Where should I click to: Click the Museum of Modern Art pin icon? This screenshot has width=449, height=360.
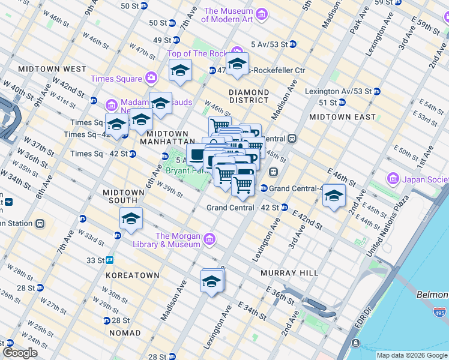click(x=261, y=14)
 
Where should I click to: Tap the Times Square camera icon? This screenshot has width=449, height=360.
click(x=151, y=78)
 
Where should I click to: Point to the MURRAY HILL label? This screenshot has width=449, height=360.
click(x=289, y=273)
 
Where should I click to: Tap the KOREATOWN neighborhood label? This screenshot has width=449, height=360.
click(x=132, y=275)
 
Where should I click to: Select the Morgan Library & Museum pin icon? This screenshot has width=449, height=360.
click(x=209, y=239)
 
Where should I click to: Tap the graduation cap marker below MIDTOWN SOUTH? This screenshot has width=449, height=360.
click(x=131, y=219)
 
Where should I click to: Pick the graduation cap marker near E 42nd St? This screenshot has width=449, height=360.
click(x=334, y=196)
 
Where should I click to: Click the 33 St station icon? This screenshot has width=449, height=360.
click(x=110, y=260)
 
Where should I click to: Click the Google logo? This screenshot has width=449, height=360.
click(x=20, y=353)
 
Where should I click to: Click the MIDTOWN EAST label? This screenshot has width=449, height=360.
click(x=342, y=117)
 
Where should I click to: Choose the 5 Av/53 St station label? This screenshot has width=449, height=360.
click(x=274, y=44)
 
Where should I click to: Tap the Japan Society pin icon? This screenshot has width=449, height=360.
click(x=393, y=179)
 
